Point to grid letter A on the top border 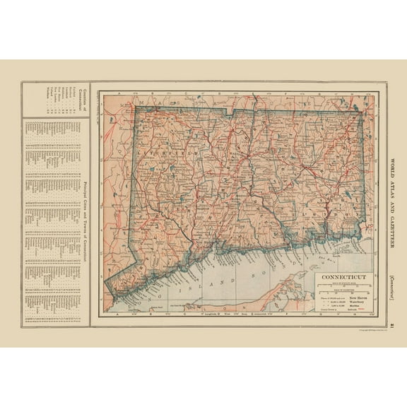pos(121,92)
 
